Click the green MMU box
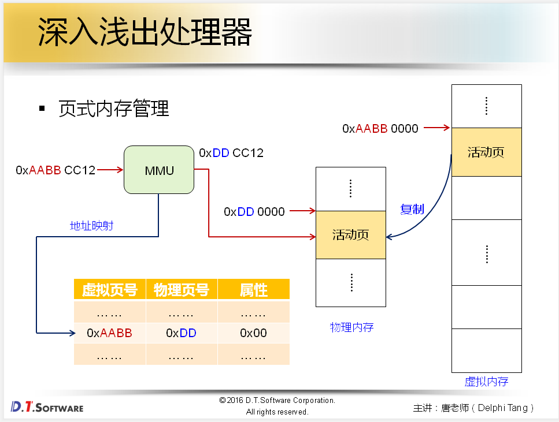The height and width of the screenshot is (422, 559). (x=159, y=170)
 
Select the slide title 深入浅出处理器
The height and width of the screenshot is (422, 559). (x=145, y=32)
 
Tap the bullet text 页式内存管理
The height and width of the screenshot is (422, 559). (x=114, y=109)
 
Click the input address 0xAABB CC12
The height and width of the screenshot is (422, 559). (x=55, y=170)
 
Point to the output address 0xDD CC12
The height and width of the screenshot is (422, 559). (x=231, y=153)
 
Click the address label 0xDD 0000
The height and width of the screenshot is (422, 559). (x=254, y=212)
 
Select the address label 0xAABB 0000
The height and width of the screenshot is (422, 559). (x=380, y=129)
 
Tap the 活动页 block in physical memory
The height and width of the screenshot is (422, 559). (x=350, y=235)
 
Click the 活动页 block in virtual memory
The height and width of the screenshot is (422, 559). (x=486, y=152)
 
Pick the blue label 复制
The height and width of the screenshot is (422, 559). (x=412, y=209)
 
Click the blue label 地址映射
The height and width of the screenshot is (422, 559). (x=91, y=226)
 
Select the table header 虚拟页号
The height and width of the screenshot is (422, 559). (x=110, y=290)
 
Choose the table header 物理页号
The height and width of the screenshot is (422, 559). (x=182, y=290)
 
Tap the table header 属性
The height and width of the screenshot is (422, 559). (x=254, y=290)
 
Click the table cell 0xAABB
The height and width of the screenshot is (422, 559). (x=109, y=333)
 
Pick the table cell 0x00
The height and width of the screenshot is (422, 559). (x=254, y=333)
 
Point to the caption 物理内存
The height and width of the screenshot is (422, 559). (x=351, y=327)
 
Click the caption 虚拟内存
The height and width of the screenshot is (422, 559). (x=487, y=382)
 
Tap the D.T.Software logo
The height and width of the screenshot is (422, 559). (x=47, y=407)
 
